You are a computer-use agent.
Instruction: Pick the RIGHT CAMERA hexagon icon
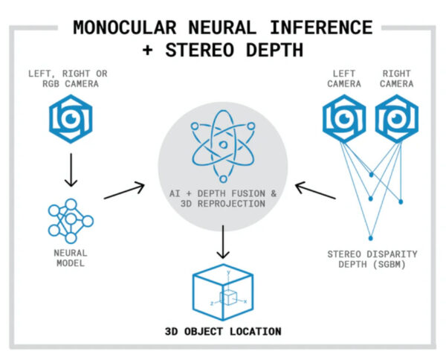397,118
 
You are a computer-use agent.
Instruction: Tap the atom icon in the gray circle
222,148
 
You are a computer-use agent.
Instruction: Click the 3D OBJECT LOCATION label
223,331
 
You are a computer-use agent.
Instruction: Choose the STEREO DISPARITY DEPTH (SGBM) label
372,260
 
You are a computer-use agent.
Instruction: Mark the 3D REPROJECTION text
222,204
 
